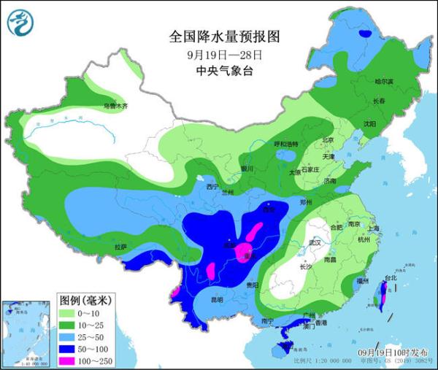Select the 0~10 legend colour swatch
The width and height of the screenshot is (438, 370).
pyautogui.click(x=69, y=313)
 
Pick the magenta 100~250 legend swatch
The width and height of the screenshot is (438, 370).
pyautogui.click(x=69, y=360)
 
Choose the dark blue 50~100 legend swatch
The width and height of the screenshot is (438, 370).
pyautogui.click(x=69, y=348)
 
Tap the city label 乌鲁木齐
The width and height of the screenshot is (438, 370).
pyautogui.click(x=115, y=107)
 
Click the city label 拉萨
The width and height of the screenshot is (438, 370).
pyautogui.click(x=120, y=247)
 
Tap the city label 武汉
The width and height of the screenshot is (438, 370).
pyautogui.click(x=315, y=242)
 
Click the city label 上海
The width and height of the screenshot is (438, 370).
pyautogui.click(x=374, y=228)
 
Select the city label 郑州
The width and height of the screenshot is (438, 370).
pyautogui.click(x=306, y=201)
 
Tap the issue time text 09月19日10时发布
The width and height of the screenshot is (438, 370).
pyautogui.click(x=399, y=352)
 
